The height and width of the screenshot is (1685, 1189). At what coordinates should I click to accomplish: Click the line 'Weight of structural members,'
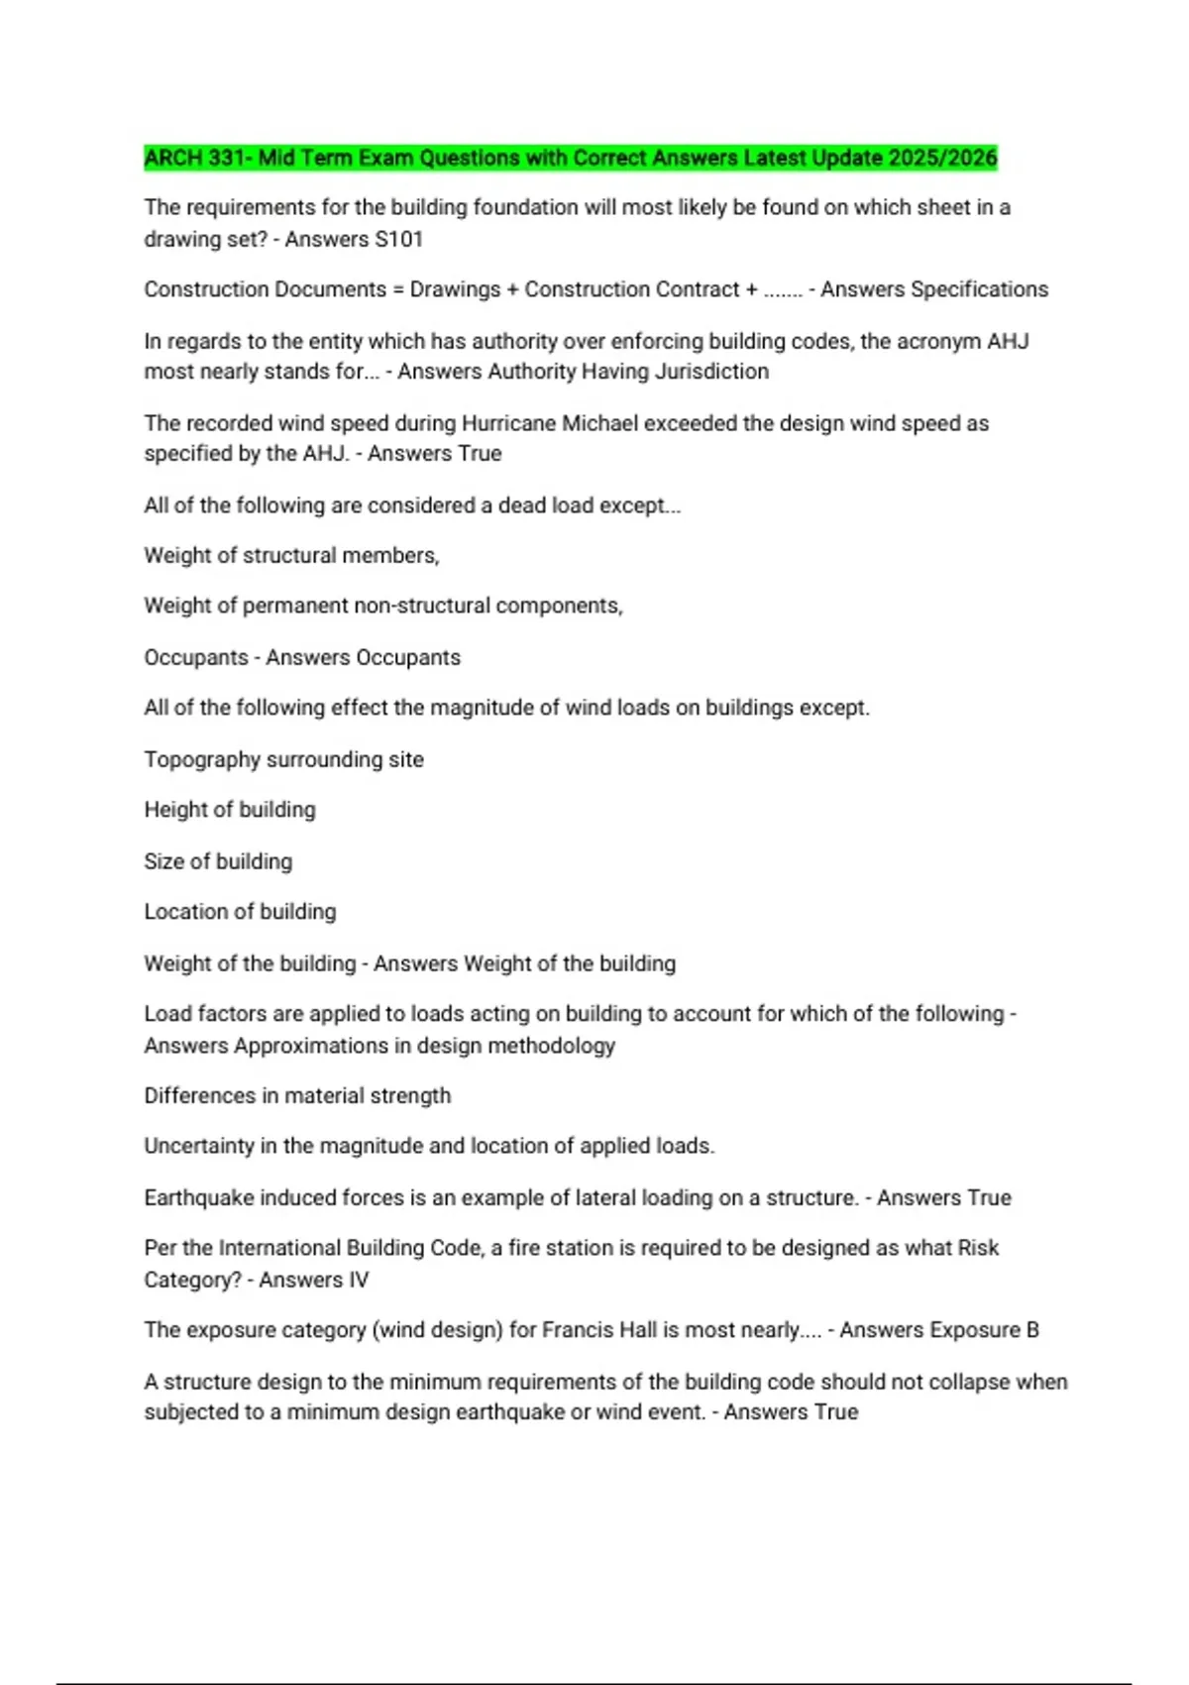[x=291, y=556]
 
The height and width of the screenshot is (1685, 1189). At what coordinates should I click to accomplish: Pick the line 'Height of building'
[x=230, y=810]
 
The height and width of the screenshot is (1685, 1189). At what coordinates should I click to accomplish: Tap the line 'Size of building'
[x=218, y=861]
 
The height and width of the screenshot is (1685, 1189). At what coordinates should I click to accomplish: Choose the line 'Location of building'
[x=240, y=912]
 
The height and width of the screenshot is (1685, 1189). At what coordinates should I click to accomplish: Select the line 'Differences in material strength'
[x=297, y=1095]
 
